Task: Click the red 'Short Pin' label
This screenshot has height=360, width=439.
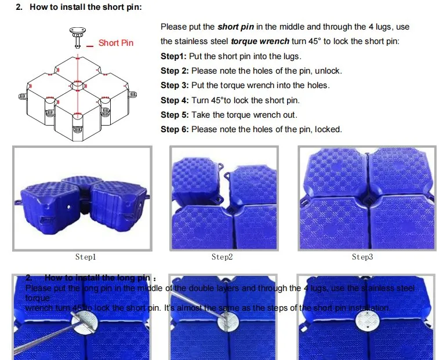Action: click(116, 43)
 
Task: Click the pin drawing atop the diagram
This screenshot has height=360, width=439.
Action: click(76, 34)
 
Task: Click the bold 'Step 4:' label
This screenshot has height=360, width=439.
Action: click(175, 100)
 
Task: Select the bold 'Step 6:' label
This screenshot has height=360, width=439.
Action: click(175, 129)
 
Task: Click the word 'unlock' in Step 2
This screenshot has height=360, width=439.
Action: click(328, 71)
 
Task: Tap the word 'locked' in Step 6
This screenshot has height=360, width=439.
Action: click(328, 129)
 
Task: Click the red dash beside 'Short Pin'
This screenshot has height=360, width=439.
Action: click(90, 45)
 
